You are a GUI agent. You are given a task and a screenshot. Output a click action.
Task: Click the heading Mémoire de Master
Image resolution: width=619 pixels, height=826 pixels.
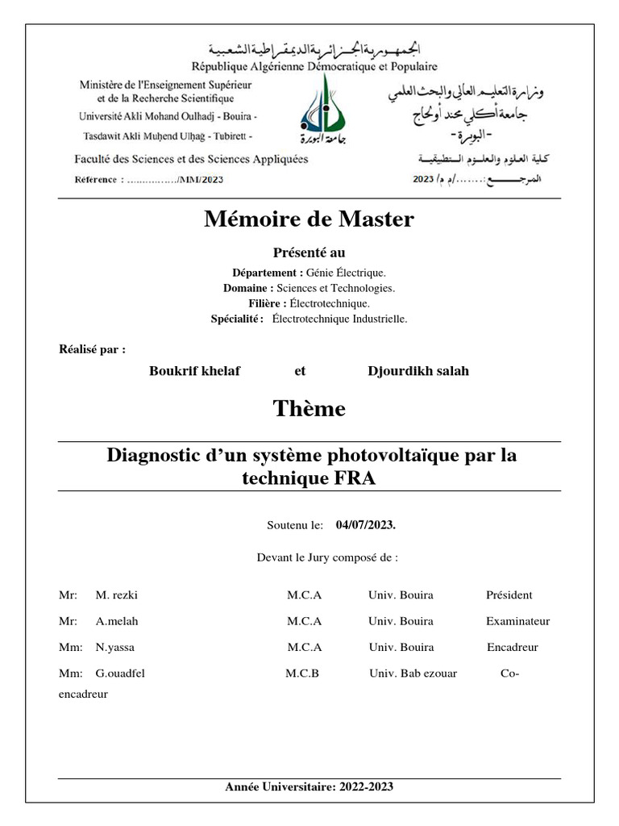(x=309, y=219)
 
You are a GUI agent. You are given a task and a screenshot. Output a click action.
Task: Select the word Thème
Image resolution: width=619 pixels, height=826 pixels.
(x=309, y=409)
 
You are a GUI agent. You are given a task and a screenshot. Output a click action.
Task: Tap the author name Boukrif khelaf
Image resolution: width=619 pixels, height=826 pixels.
(x=195, y=371)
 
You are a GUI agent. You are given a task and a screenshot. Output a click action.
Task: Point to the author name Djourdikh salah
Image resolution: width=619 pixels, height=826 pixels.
(x=418, y=371)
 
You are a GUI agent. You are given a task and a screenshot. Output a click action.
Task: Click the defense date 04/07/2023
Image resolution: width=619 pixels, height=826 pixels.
(x=365, y=525)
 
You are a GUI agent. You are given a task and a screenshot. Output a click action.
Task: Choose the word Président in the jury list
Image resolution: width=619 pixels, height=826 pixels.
(x=509, y=595)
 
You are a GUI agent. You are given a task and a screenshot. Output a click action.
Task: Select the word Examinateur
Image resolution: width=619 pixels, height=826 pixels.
(x=517, y=621)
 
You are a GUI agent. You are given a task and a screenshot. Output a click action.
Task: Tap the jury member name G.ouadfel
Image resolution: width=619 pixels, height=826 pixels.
(x=120, y=673)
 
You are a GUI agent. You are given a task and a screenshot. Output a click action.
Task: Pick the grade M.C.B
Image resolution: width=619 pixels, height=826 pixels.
(x=302, y=673)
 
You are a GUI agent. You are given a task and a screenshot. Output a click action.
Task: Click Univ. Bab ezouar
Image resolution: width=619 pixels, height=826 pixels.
(x=413, y=673)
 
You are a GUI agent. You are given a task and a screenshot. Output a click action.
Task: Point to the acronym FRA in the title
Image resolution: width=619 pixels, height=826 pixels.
(x=354, y=478)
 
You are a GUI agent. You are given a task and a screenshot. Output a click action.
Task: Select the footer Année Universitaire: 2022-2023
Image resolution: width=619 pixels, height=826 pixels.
(x=309, y=786)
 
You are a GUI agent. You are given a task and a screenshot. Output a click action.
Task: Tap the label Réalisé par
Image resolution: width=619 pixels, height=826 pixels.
(x=93, y=349)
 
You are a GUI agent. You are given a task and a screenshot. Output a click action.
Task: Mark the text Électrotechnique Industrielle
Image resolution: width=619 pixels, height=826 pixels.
(x=339, y=319)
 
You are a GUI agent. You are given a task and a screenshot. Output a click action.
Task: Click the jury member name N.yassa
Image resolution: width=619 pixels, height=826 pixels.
(x=114, y=647)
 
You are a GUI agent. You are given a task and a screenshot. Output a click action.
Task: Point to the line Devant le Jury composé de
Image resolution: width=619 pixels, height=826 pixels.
(x=326, y=557)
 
